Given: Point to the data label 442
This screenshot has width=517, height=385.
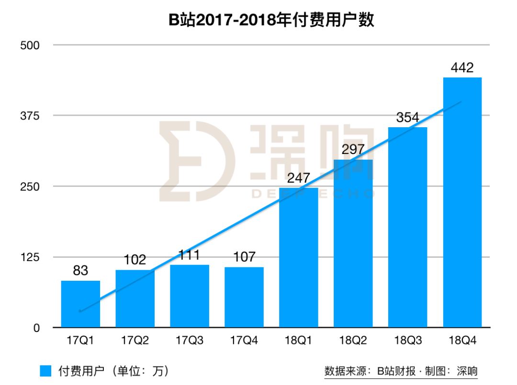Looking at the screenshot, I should click(462, 68).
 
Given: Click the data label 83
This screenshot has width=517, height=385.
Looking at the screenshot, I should click(80, 271).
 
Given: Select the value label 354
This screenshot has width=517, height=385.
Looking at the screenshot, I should click(407, 118).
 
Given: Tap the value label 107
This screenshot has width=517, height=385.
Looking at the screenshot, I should click(244, 257).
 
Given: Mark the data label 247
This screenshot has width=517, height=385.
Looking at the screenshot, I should click(299, 178).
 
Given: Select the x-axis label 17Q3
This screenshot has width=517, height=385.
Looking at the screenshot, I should click(190, 341).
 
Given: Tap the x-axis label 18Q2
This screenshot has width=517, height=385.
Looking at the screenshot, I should click(353, 341).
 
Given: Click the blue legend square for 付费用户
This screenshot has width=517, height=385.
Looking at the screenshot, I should click(45, 371).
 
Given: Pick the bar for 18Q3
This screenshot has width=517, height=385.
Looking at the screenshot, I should click(407, 227).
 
